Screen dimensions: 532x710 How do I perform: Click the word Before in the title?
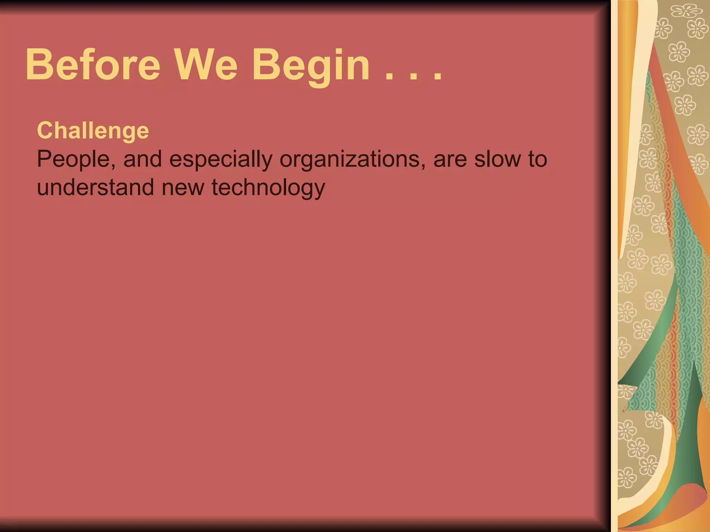[x=93, y=65]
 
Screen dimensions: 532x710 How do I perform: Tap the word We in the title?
[x=206, y=65]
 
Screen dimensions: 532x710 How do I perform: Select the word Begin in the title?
[x=311, y=66]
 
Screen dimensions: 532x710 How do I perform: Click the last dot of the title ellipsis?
[x=438, y=78]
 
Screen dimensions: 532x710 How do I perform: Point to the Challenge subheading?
[x=93, y=131]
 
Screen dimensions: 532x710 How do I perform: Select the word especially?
[x=221, y=160]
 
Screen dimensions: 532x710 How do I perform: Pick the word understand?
[x=95, y=187]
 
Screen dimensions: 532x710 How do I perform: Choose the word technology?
[x=268, y=188]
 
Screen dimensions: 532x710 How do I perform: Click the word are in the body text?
[x=450, y=160]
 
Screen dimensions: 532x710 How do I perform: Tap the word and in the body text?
[x=142, y=159]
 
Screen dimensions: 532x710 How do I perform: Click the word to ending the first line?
[x=538, y=159]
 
